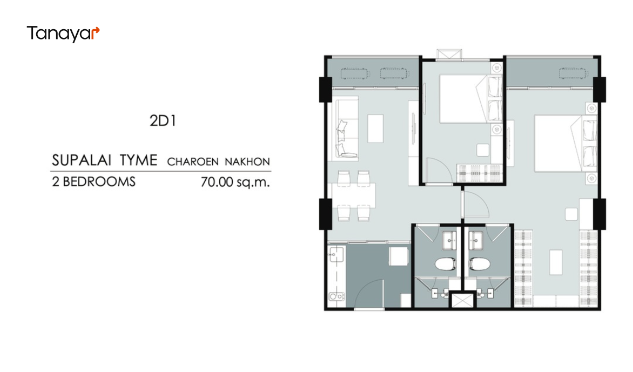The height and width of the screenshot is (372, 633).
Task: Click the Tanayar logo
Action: pos(63,34)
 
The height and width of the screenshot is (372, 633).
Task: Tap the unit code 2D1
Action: pos(163,121)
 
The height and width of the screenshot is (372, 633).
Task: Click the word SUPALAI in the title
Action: pos(82,160)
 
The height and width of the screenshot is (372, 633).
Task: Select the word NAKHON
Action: pos(247,162)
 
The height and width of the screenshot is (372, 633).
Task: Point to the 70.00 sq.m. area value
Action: pos(235,182)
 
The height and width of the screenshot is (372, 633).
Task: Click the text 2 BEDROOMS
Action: pos(93,182)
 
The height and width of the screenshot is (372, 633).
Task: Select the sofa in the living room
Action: pos(346,129)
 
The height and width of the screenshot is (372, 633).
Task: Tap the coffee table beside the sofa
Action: pos(375,129)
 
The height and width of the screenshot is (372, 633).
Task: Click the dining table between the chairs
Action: pos(354,196)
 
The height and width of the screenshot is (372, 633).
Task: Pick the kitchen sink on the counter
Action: pos(336,255)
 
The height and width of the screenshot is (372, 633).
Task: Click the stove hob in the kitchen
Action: pos(336,297)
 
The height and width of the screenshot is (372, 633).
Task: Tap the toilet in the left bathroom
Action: pos(445,264)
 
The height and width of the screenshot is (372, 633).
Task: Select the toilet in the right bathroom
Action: pos(480,264)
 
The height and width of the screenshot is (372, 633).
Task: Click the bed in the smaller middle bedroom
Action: pos(471,98)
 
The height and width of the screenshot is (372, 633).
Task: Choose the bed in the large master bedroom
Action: pos(565,143)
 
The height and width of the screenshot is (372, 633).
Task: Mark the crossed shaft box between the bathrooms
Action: pos(462,301)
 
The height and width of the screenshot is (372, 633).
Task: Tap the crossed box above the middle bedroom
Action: pos(449,55)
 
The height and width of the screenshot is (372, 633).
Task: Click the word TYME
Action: pos(138,160)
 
